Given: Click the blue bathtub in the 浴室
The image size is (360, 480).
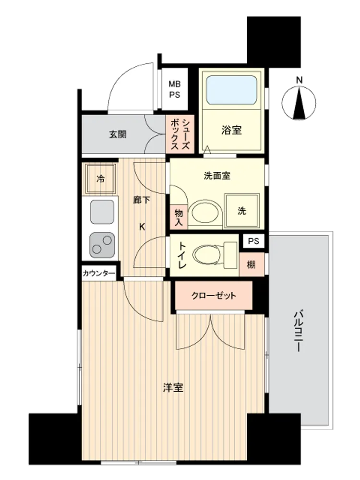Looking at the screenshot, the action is click(231, 90).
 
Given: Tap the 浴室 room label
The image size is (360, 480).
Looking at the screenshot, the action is click(231, 131).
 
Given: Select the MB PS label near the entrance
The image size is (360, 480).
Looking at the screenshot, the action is click(175, 89).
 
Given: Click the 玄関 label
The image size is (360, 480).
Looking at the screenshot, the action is click(118, 134).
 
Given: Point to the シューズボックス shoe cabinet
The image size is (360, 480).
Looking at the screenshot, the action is click(180, 134).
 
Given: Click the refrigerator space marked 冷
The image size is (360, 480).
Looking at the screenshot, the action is click(100, 179).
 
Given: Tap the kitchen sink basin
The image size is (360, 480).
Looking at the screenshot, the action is click(102, 212).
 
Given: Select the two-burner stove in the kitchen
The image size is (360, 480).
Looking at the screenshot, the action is click(102, 245).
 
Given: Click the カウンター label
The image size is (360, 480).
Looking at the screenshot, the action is click(99, 273).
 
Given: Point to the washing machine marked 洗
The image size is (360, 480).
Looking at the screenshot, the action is click(242, 211).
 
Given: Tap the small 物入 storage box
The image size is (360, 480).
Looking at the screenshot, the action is click(179, 217).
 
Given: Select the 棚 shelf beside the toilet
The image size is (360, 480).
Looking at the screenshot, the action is click(252, 264).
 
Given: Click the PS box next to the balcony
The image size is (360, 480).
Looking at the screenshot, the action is click(253, 241).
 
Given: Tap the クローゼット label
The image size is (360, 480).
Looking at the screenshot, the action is click(214, 296).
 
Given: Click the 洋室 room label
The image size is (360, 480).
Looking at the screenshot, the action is click(173, 388).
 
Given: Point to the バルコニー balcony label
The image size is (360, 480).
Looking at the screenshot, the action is click(298, 331).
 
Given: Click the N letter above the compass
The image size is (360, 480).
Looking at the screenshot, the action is click(299, 80).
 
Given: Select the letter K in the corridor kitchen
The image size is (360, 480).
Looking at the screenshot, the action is click(142, 227).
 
